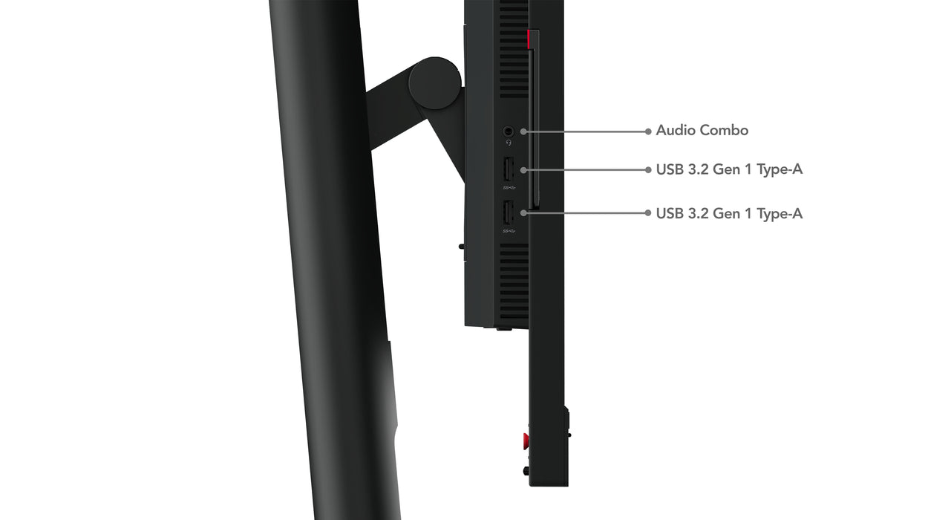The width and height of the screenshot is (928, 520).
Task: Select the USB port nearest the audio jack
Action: pyautogui.click(x=509, y=170)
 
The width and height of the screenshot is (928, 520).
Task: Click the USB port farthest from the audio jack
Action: pyautogui.click(x=509, y=213)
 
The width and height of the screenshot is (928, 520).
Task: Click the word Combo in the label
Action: pyautogui.click(x=725, y=131)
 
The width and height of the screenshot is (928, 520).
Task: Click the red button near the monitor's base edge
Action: pyautogui.click(x=526, y=441)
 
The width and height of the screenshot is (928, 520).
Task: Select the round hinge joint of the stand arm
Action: pyautogui.click(x=435, y=83)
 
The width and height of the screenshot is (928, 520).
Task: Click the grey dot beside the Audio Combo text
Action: pyautogui.click(x=648, y=131)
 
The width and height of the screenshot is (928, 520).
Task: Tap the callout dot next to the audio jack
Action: pyautogui.click(x=523, y=131)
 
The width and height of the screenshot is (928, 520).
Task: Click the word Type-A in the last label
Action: pyautogui.click(x=780, y=214)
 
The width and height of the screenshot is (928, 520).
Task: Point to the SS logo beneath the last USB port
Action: pyautogui.click(x=509, y=230)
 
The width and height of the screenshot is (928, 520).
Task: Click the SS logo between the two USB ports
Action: pyautogui.click(x=509, y=187)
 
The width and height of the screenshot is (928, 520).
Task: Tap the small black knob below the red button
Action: pyautogui.click(x=526, y=470)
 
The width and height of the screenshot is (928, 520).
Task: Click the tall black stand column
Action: pyautogui.click(x=334, y=260)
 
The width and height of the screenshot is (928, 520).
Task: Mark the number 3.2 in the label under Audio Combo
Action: pyautogui.click(x=699, y=169)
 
